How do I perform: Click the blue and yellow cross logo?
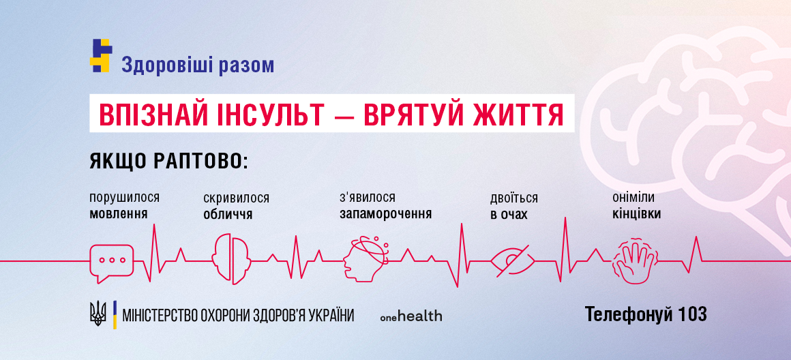[100, 56]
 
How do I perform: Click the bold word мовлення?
[119, 213]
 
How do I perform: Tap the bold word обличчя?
[228, 214]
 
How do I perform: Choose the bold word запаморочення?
[385, 213]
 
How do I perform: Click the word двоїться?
[513, 198]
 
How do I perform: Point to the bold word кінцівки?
[636, 213]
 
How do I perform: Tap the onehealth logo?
[411, 316]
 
